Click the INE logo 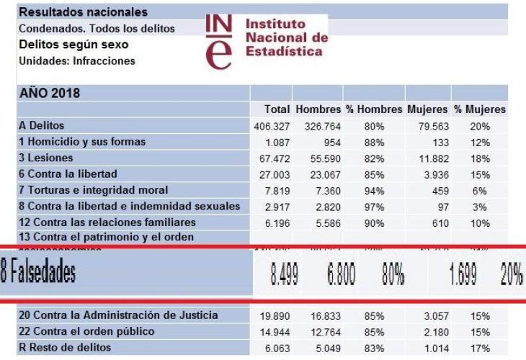pyautogui.click(x=220, y=41)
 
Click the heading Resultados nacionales pyautogui.click(x=83, y=12)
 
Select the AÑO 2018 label pyautogui.click(x=50, y=94)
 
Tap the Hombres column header pyautogui.click(x=318, y=109)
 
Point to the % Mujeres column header pyautogui.click(x=479, y=109)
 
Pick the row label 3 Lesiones pyautogui.click(x=46, y=158)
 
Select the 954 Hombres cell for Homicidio pyautogui.click(x=329, y=142)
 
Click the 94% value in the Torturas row pyautogui.click(x=374, y=190)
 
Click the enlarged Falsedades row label pyautogui.click(x=40, y=274)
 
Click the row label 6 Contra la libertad pyautogui.click(x=68, y=174)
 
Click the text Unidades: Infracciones pyautogui.click(x=76, y=61)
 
